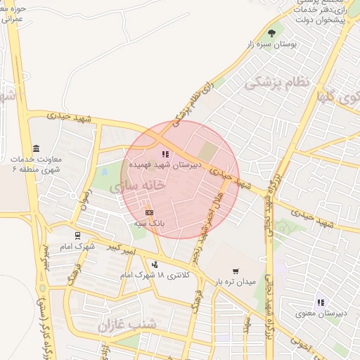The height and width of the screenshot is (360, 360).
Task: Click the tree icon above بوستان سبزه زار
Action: [x=271, y=32]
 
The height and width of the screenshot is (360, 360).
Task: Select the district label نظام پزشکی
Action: [x=276, y=82]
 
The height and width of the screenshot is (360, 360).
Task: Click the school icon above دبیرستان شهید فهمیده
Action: [x=165, y=154]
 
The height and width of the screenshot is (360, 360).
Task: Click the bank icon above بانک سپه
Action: [x=149, y=212]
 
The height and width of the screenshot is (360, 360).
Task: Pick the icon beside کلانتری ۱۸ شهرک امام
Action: [x=154, y=264]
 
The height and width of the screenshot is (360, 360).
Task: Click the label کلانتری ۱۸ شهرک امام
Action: [x=153, y=275]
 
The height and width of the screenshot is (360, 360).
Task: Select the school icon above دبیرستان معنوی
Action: [x=321, y=302]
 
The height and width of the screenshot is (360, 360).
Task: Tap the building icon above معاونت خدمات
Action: [x=37, y=148]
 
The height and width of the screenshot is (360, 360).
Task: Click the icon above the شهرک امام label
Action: [x=77, y=236]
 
